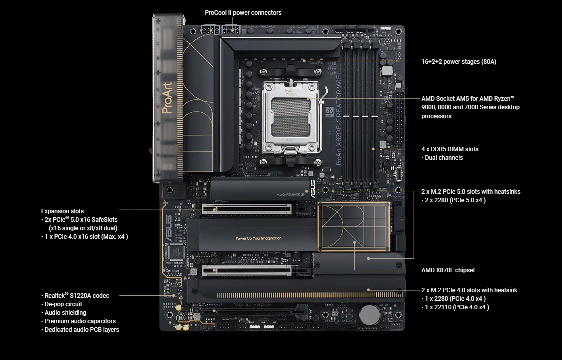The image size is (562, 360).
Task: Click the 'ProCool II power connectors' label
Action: [243, 12]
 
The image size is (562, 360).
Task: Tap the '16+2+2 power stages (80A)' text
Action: [458, 62]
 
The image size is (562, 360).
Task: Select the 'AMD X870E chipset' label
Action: [448, 270]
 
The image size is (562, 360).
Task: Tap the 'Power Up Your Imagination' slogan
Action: [258, 238]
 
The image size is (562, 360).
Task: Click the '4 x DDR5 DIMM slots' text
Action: [450, 149]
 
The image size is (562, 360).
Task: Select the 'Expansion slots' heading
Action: [62, 211]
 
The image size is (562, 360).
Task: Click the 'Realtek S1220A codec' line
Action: [77, 296]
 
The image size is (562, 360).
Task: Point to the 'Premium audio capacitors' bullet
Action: [80, 321]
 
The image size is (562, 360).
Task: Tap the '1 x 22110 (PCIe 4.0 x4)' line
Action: [455, 307]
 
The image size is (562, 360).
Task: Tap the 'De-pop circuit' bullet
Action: [63, 304]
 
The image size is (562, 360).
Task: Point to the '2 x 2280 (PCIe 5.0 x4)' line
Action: [453, 200]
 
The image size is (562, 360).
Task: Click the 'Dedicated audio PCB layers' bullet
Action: [82, 330]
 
